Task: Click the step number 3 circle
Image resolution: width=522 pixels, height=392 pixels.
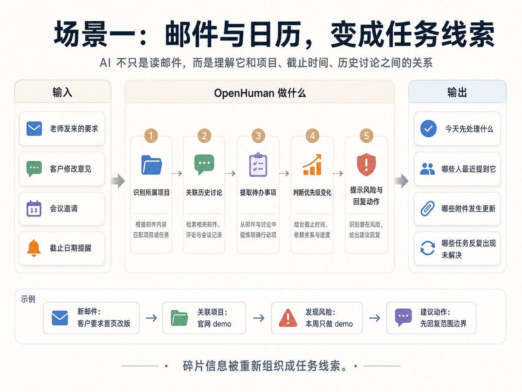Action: [258, 135]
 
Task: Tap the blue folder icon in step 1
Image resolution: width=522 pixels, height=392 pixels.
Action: [151, 165]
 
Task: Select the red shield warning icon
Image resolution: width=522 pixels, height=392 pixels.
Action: [366, 164]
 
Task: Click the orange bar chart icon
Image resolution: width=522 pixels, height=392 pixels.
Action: [312, 165]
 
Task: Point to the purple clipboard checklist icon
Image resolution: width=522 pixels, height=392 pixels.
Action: [258, 165]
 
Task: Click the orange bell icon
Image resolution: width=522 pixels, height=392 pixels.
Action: [34, 248]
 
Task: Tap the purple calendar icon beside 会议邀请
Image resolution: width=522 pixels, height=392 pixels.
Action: [34, 209]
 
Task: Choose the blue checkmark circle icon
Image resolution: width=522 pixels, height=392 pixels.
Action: [428, 128]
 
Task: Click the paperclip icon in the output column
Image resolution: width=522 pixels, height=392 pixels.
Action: [427, 209]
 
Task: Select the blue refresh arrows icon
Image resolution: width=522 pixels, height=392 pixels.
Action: [427, 248]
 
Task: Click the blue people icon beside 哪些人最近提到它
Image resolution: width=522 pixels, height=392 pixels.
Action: [427, 169]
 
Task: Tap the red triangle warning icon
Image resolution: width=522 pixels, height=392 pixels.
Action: [288, 318]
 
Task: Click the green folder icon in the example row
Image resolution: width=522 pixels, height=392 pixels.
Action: [179, 318]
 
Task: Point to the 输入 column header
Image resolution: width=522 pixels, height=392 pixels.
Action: [62, 92]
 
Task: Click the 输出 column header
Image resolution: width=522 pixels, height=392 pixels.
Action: [457, 92]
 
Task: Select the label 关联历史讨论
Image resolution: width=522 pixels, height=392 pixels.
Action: [204, 193]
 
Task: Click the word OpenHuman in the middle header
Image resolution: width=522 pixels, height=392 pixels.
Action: [244, 93]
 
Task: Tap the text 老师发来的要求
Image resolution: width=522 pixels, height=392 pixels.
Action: [74, 128]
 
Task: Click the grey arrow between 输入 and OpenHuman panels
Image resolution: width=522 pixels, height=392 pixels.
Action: [118, 181]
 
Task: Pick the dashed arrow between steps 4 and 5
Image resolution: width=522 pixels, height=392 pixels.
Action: [338, 173]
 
